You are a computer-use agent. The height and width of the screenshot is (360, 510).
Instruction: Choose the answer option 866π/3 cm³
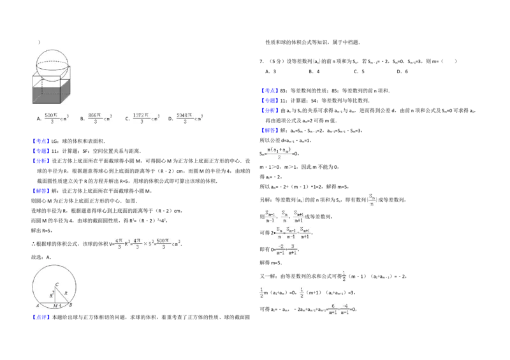(100, 119)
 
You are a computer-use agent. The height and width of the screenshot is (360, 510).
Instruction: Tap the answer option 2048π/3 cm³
(188, 119)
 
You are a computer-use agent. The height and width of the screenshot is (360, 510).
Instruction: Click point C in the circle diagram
(57, 284)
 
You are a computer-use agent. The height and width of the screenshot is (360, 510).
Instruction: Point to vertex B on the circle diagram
(70, 305)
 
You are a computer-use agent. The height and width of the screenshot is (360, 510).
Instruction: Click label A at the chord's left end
(38, 306)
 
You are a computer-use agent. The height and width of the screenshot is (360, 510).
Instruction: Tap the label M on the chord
(55, 306)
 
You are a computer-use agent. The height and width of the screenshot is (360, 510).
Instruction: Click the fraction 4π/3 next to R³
(118, 243)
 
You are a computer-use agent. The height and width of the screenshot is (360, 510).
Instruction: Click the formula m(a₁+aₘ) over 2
(280, 153)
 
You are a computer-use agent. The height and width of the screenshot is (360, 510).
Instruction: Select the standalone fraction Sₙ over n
(372, 198)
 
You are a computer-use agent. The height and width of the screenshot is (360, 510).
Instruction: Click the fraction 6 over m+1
(332, 309)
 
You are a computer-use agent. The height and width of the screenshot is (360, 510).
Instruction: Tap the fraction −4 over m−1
(345, 309)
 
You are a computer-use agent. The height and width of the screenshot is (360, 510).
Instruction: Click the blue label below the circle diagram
(41, 317)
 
